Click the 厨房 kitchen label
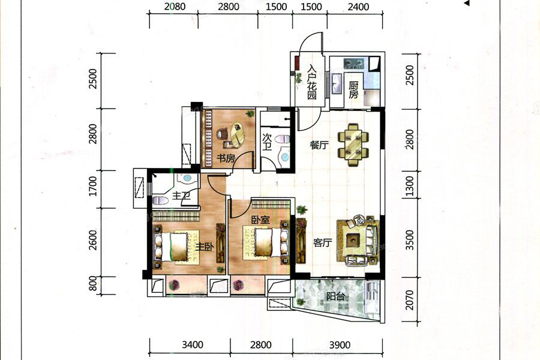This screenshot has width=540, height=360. pyautogui.click(x=353, y=89)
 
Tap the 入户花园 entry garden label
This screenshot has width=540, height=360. pyautogui.click(x=312, y=82)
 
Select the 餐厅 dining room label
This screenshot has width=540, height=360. pyautogui.click(x=319, y=145)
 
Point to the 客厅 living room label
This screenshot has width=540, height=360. pyautogui.click(x=323, y=243)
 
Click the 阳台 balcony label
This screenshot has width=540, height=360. pyautogui.click(x=335, y=296)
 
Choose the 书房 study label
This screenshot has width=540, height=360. pyautogui.click(x=226, y=158)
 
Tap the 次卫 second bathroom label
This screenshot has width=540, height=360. pyautogui.click(x=267, y=143)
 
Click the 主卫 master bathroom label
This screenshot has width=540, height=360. pyautogui.click(x=181, y=196)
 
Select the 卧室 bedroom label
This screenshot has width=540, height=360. pyautogui.click(x=260, y=220)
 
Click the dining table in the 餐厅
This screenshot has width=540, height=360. pyautogui.click(x=353, y=145)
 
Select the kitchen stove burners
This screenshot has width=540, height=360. pyautogui.click(x=353, y=63)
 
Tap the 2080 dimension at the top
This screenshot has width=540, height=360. pyautogui.click(x=175, y=7)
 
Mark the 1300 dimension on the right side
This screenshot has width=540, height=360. pyautogui.click(x=409, y=186)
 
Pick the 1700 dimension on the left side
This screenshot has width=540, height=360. pyautogui.click(x=93, y=187)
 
